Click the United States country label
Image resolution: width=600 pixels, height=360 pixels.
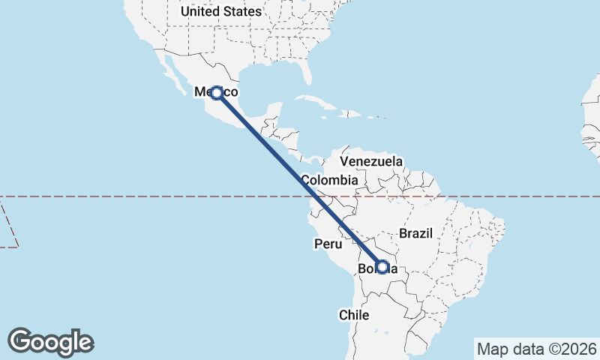click(x=221, y=11)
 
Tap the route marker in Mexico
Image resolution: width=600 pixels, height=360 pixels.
click(x=217, y=93)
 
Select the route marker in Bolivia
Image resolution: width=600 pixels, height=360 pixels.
click(x=382, y=267)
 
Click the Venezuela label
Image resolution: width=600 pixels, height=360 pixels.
click(x=371, y=161)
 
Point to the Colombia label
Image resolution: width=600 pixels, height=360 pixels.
click(x=329, y=180)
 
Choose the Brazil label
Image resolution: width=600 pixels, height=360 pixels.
click(x=416, y=233)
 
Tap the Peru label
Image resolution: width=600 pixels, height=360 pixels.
click(x=328, y=244)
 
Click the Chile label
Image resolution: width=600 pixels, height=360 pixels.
click(x=354, y=315)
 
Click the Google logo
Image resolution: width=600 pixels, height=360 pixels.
click(x=51, y=342)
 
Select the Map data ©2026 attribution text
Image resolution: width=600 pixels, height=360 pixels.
click(x=536, y=349)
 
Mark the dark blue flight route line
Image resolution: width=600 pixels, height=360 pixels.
click(x=300, y=180)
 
